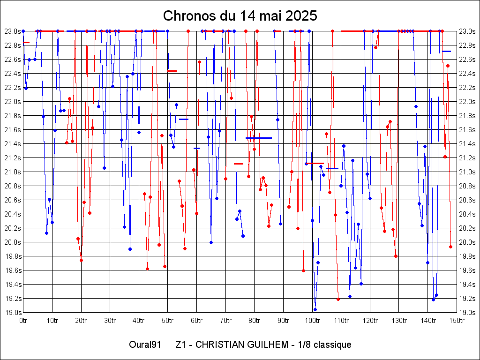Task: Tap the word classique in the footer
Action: tap(332, 345)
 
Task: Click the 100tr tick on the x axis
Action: tap(312, 321)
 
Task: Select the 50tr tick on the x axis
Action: tap(168, 321)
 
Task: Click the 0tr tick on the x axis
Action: tap(23, 321)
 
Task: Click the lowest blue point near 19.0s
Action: tap(315, 309)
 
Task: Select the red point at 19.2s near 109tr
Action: tap(338, 299)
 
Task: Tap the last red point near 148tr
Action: tap(450, 247)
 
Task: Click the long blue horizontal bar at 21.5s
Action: tap(258, 138)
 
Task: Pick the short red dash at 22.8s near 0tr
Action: tap(26, 43)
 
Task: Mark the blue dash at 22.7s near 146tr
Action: tap(446, 51)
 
